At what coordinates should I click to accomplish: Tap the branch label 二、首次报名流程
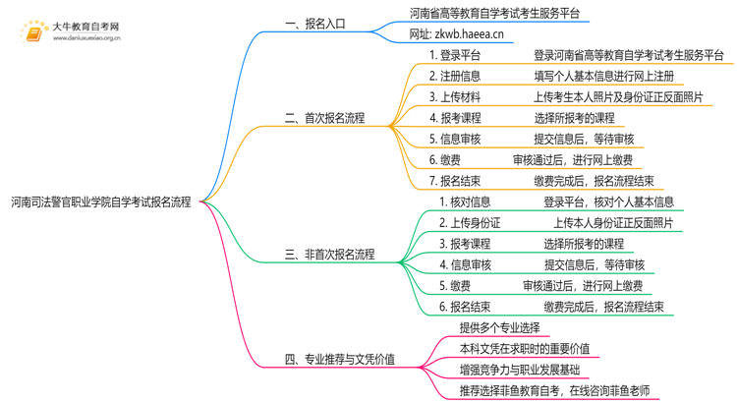(324, 118)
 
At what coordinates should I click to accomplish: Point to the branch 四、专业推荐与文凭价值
(339, 360)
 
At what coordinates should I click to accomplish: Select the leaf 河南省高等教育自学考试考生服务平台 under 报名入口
(493, 13)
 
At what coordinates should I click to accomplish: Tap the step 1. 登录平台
(455, 55)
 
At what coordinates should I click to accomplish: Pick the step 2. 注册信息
(455, 76)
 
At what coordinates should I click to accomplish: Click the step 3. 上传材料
(455, 96)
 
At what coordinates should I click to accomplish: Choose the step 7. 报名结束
(455, 181)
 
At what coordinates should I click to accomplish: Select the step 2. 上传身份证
(470, 223)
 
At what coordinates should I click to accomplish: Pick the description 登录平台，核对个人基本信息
(608, 201)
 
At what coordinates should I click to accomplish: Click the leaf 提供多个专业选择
(499, 328)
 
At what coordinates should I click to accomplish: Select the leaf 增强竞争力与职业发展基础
(519, 370)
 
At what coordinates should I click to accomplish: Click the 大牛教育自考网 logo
(69, 31)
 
